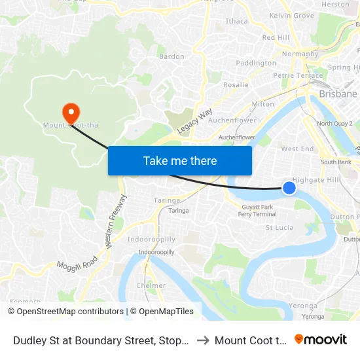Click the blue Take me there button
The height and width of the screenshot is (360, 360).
(x=180, y=160)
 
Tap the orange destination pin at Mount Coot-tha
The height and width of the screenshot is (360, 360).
(x=70, y=113)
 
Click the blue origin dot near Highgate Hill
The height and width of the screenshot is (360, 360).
(x=289, y=189)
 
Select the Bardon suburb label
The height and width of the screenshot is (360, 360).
(x=171, y=57)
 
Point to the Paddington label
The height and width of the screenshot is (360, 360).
(x=256, y=63)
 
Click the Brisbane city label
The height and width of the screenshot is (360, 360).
(x=338, y=94)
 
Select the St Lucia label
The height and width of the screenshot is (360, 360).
(x=279, y=228)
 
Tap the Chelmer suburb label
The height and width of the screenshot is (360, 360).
(x=151, y=286)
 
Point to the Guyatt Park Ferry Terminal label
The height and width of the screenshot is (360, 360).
(x=257, y=210)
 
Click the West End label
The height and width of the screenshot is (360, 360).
(x=297, y=149)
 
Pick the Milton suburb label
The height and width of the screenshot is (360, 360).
(x=262, y=104)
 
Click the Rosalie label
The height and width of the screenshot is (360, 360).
(x=236, y=85)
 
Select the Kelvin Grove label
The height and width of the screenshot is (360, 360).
(x=291, y=15)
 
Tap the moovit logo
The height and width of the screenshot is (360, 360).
(x=320, y=339)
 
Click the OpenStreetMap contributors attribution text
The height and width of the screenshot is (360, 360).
(x=65, y=312)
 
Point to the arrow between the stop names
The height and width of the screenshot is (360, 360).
(x=202, y=340)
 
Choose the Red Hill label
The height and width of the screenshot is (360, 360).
(x=276, y=38)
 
